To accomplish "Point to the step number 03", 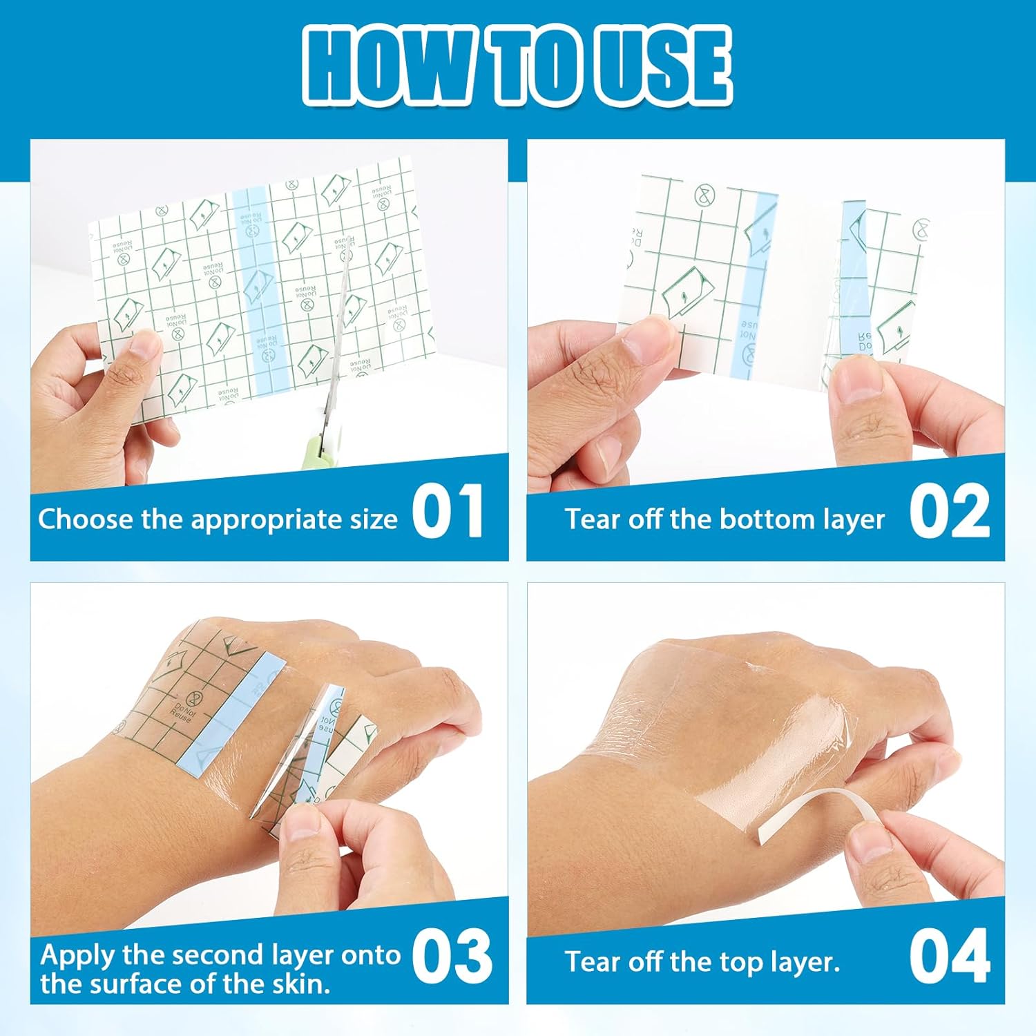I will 452,957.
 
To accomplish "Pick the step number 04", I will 950,957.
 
